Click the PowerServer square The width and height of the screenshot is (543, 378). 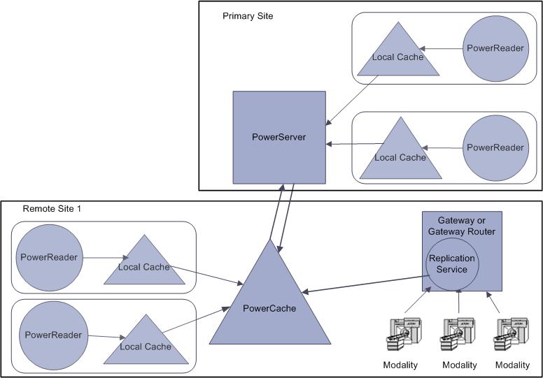click(x=278, y=136)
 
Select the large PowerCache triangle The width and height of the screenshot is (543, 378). click(x=270, y=307)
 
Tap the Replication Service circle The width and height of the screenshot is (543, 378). click(x=452, y=264)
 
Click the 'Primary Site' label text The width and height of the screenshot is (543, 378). click(x=248, y=15)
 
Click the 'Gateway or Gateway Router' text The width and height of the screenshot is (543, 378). click(x=461, y=226)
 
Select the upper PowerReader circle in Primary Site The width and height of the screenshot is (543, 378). click(x=495, y=48)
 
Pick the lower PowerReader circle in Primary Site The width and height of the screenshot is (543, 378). click(x=495, y=147)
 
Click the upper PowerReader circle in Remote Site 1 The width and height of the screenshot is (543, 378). click(x=48, y=257)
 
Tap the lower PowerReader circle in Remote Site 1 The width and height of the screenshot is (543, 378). click(x=53, y=335)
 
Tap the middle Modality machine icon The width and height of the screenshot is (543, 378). click(x=459, y=337)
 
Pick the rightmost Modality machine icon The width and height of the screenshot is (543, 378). click(x=512, y=337)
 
